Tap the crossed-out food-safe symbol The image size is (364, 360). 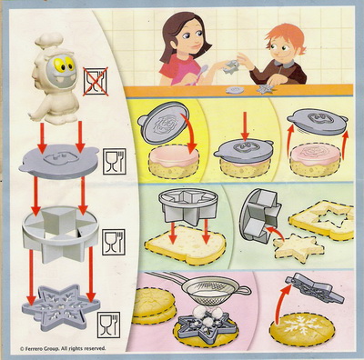(96, 82)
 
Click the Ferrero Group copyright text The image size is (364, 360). (63, 349)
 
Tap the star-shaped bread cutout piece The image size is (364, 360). (298, 245)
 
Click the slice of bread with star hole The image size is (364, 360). (322, 219)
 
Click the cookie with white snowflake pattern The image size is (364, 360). (302, 330)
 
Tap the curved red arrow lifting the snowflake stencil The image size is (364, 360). (282, 303)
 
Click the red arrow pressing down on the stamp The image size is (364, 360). (245, 125)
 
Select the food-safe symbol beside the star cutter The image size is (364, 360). (114, 242)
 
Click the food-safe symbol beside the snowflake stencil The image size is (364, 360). (108, 325)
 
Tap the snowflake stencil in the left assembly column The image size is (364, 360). (60, 307)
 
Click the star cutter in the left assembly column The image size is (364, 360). (60, 234)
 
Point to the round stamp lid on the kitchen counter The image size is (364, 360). (235, 90)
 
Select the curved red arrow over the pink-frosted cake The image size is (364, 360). (188, 133)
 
